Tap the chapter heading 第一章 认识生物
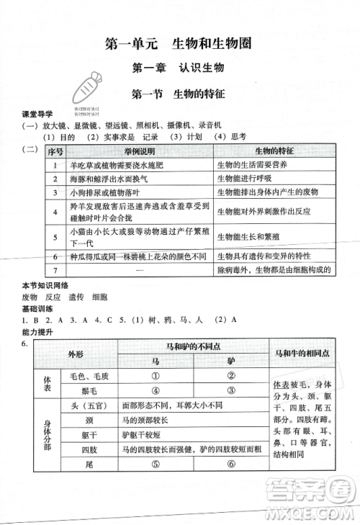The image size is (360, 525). click(179, 69)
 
